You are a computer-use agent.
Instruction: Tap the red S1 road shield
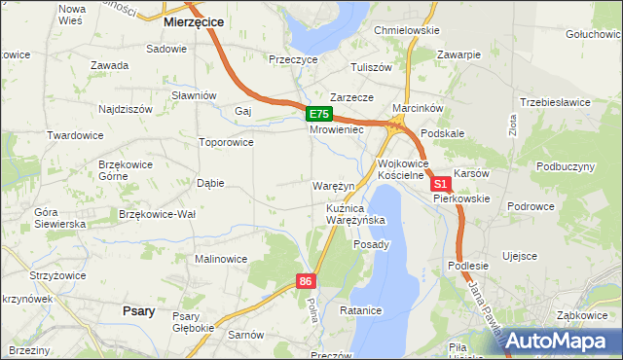(441, 183)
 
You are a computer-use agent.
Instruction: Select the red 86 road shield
(307, 281)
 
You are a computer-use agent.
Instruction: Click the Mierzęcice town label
(195, 20)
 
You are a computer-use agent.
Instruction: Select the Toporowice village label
(226, 142)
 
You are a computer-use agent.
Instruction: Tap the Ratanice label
(363, 311)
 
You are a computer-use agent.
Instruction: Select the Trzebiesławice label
(555, 102)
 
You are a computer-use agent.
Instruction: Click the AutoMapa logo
(554, 340)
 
